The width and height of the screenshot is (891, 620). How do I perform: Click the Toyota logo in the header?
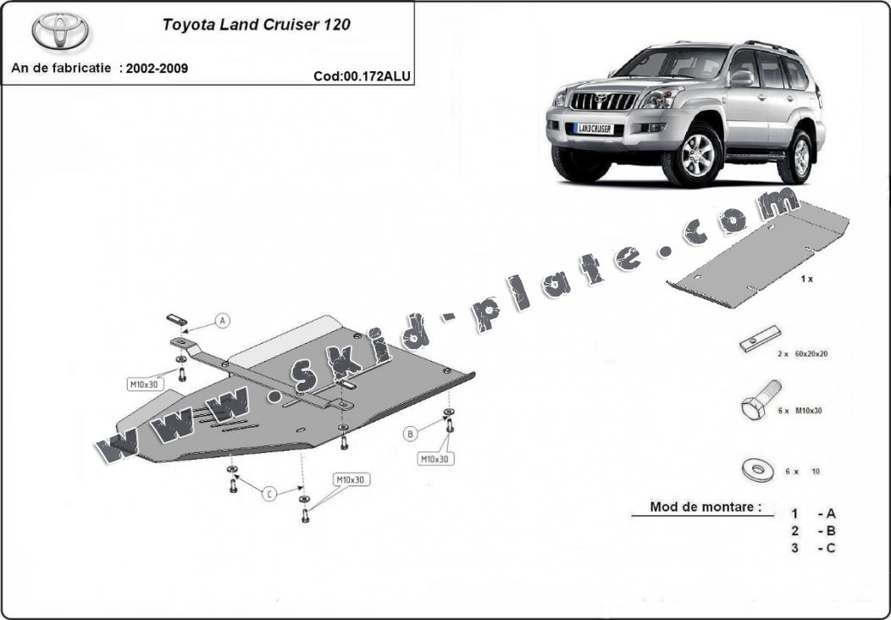pyautogui.click(x=61, y=30)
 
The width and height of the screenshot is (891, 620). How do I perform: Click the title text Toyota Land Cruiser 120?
pyautogui.click(x=256, y=25)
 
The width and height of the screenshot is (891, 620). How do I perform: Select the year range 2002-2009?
pyautogui.click(x=158, y=69)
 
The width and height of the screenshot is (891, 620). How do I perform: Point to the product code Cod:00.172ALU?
pyautogui.click(x=362, y=75)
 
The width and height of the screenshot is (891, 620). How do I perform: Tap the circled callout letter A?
pyautogui.click(x=222, y=321)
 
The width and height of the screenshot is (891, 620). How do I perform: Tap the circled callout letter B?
pyautogui.click(x=411, y=434)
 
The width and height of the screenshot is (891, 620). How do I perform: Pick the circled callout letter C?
pyautogui.click(x=269, y=494)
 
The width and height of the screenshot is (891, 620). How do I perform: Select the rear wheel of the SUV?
pyautogui.click(x=799, y=153)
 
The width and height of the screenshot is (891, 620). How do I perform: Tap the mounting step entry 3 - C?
pyautogui.click(x=813, y=547)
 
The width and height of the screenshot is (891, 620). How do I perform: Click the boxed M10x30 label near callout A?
pyautogui.click(x=144, y=385)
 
